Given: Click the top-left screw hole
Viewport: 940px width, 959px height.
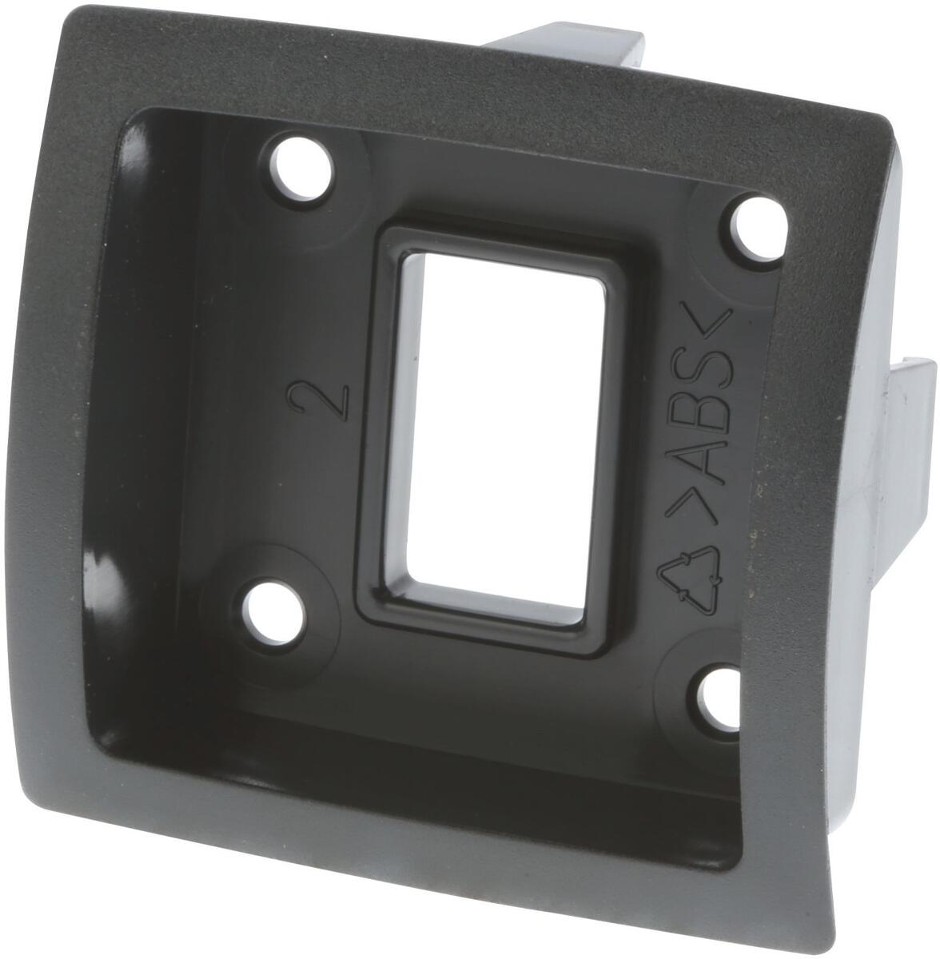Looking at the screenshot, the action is pos(301,168).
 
